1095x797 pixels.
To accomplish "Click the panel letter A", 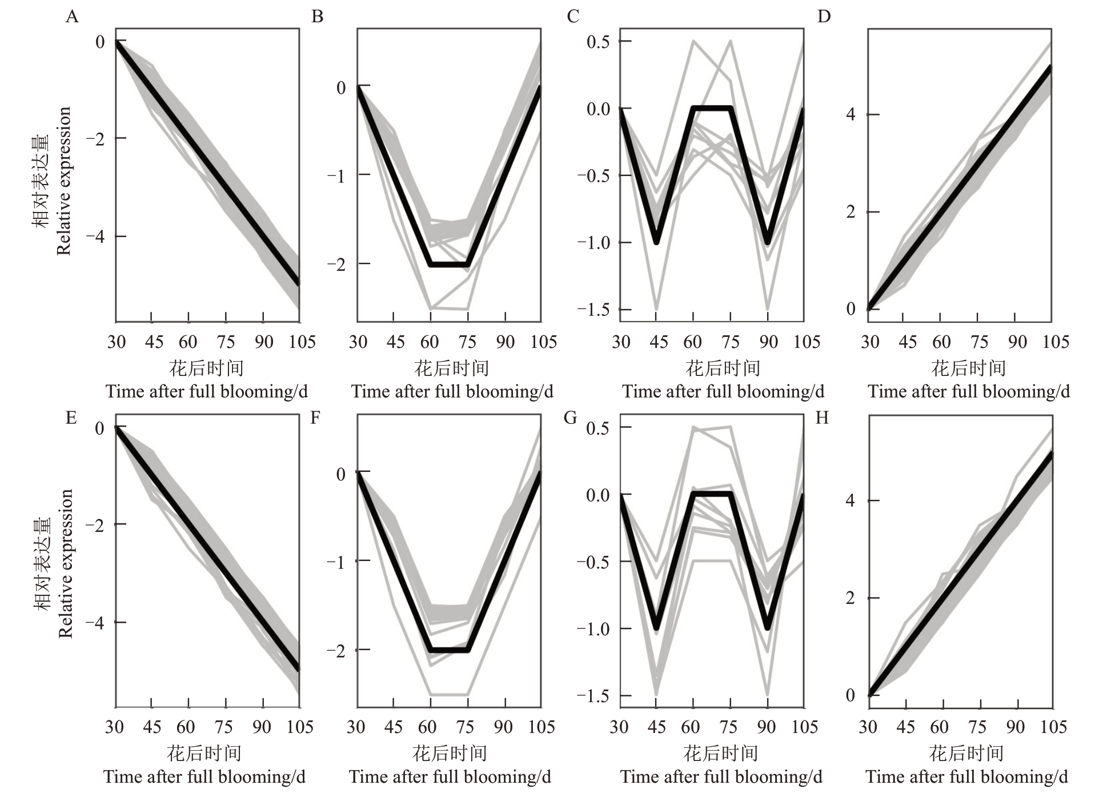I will click(72, 17).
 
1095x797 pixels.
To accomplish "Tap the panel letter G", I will click(570, 418).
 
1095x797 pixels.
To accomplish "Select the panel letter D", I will click(823, 17).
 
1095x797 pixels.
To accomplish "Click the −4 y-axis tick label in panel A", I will click(95, 237).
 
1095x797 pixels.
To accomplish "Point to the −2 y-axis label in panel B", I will click(336, 264).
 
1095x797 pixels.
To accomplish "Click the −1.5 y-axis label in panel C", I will click(593, 310).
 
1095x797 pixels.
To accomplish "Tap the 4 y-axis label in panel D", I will click(851, 114).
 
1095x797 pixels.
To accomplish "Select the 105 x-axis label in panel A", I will click(301, 342).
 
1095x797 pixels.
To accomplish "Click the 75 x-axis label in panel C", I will click(730, 342).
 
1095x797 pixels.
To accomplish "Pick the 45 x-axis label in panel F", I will click(393, 727).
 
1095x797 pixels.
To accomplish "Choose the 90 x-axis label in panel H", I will click(1015, 727).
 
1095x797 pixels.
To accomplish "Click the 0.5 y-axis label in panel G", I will click(597, 427).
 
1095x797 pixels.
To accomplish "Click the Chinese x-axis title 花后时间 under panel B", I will click(451, 368).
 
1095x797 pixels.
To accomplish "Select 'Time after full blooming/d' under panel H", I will click(966, 777).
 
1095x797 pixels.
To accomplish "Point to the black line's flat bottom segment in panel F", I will click(449, 650).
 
